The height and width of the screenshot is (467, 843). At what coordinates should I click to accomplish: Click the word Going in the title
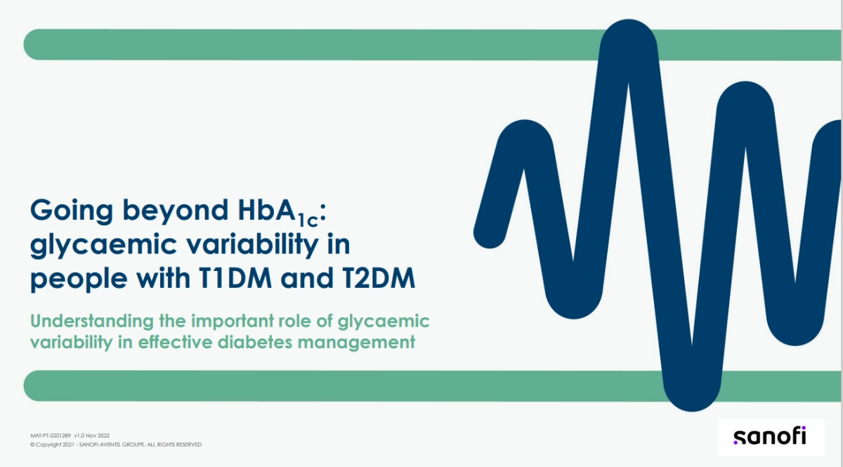(72, 211)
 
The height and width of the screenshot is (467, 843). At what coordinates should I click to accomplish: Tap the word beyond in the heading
(176, 211)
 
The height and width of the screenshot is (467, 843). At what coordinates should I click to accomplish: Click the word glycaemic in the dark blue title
(103, 245)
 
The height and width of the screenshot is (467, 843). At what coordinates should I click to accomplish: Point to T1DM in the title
(235, 278)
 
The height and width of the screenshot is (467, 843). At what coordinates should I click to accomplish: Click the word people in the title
(79, 279)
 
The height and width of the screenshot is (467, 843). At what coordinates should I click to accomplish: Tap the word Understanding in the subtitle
(92, 322)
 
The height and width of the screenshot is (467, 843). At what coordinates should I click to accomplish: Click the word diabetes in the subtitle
(255, 342)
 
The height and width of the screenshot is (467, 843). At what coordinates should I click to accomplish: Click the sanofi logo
(770, 437)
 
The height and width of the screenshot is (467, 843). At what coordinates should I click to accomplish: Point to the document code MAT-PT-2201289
(51, 435)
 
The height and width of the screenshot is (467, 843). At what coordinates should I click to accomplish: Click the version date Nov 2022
(98, 435)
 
